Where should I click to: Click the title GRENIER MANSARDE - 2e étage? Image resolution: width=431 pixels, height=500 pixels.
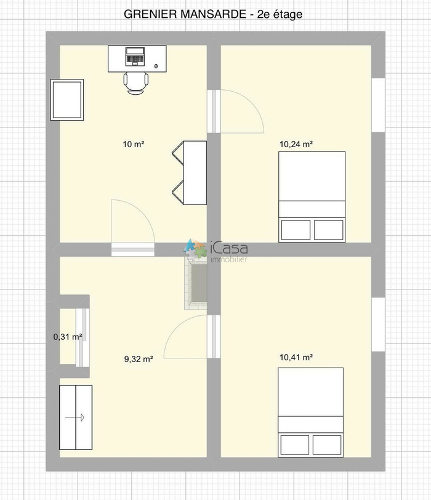pos(213,14)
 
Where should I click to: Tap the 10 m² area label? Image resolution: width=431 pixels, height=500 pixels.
pos(134,144)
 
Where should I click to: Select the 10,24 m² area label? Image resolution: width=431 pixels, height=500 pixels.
pos(296,144)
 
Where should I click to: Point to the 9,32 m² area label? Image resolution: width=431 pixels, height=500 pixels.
pos(139,359)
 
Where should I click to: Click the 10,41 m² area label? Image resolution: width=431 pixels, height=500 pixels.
pos(296,357)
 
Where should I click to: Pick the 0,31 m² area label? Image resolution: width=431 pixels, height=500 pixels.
pos(68,336)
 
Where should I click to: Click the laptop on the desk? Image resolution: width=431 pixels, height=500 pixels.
pos(135,57)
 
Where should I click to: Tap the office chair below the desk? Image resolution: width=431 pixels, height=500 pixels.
pos(136,83)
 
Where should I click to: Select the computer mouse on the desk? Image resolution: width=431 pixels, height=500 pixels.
pos(156,66)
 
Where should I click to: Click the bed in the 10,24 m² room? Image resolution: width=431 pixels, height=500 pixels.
pos(312,197)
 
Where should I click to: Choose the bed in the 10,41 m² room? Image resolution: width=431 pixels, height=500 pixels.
pos(310,413)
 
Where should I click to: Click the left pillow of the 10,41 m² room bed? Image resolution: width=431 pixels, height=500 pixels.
pos(295,445)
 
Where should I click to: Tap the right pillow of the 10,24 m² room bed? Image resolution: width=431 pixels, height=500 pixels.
pos(329,230)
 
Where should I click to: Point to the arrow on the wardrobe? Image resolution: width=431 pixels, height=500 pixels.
pos(75,417)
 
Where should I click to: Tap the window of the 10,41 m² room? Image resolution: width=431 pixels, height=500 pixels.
pos(379,325)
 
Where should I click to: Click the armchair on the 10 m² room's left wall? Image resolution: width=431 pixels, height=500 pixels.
pos(67,100)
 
